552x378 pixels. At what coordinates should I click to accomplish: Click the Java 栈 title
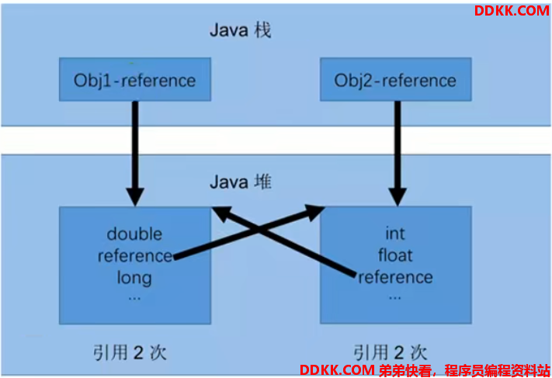[x=241, y=30]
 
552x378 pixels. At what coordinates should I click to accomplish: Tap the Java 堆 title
[x=241, y=182]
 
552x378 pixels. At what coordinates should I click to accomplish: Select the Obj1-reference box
[x=135, y=79]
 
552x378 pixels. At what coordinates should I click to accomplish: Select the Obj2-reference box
[x=396, y=79]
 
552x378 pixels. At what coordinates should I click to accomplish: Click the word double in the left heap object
[x=134, y=234]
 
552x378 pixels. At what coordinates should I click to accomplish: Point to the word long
[x=134, y=278]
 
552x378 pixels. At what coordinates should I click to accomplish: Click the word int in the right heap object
[x=395, y=234]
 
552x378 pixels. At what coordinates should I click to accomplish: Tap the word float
[x=395, y=255]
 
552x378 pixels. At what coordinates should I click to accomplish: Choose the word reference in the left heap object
[x=135, y=256]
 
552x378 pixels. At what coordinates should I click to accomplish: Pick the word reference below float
[x=396, y=277]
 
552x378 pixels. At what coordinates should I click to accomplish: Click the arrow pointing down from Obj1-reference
[x=135, y=154]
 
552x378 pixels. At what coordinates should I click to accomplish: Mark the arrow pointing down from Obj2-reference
[x=398, y=154]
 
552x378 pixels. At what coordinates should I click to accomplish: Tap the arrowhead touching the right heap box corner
[x=314, y=212]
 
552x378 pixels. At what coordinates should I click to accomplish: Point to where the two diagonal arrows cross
[x=259, y=231]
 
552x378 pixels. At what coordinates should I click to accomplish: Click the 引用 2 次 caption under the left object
[x=130, y=352]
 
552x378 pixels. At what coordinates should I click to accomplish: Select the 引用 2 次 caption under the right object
[x=390, y=352]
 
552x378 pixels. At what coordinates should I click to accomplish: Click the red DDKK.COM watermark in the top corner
[x=512, y=11]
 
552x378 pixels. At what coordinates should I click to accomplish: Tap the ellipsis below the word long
[x=134, y=299]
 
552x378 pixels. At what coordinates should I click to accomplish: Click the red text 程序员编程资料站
[x=497, y=370]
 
